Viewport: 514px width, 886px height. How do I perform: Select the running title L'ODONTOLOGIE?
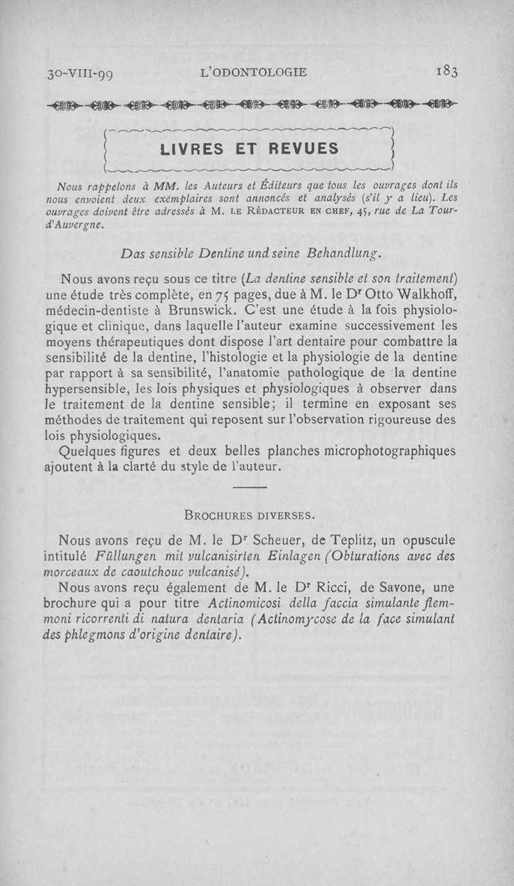pos(254,72)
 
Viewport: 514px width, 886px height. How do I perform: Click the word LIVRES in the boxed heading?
pos(191,149)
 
